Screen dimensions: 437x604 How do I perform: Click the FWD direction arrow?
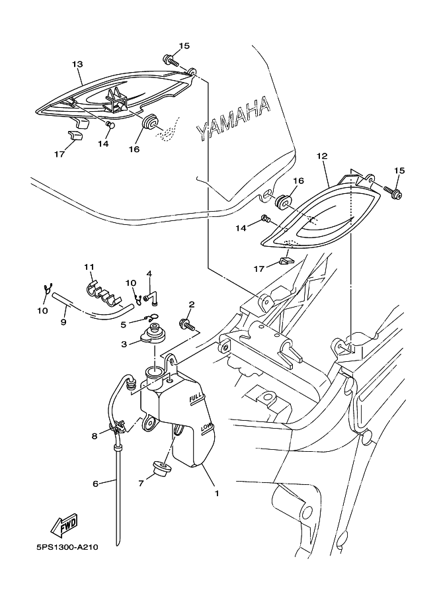(65, 525)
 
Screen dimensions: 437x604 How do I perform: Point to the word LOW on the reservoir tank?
(207, 427)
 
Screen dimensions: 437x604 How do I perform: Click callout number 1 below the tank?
(217, 493)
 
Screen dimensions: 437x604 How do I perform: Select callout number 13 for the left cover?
(77, 64)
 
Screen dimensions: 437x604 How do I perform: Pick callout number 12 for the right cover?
(322, 156)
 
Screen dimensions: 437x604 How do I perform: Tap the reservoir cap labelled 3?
(153, 333)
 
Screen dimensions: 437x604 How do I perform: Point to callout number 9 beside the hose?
(63, 322)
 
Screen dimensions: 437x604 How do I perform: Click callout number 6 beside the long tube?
(95, 484)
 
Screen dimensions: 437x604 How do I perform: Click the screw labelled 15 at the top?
(172, 60)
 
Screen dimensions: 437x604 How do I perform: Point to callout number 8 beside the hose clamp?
(95, 436)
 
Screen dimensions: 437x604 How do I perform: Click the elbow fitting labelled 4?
(150, 298)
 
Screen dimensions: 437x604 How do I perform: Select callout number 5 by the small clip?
(123, 325)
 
